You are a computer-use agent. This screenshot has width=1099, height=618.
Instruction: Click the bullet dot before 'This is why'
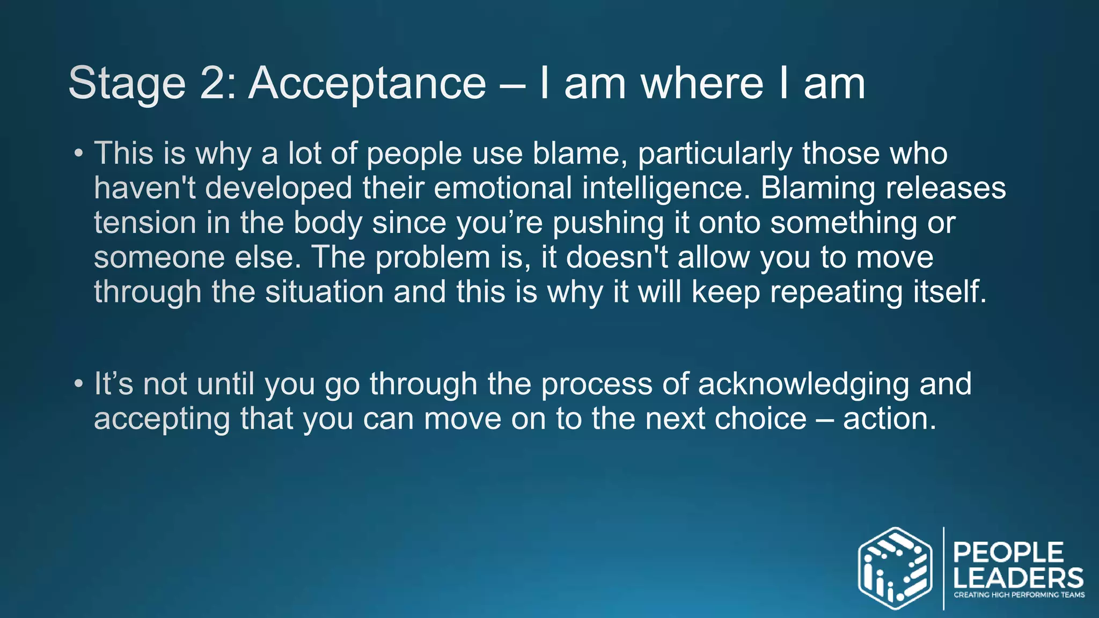(79, 153)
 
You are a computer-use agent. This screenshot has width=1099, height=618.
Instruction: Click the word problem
(433, 258)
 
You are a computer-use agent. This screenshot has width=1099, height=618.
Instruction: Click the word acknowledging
(803, 385)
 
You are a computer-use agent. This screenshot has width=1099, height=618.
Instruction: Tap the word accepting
(162, 420)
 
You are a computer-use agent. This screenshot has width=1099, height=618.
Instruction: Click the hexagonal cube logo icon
(895, 569)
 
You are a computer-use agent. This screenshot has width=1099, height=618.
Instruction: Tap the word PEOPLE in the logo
(1008, 553)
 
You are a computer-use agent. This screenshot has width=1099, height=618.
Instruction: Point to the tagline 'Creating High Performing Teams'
(1019, 595)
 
